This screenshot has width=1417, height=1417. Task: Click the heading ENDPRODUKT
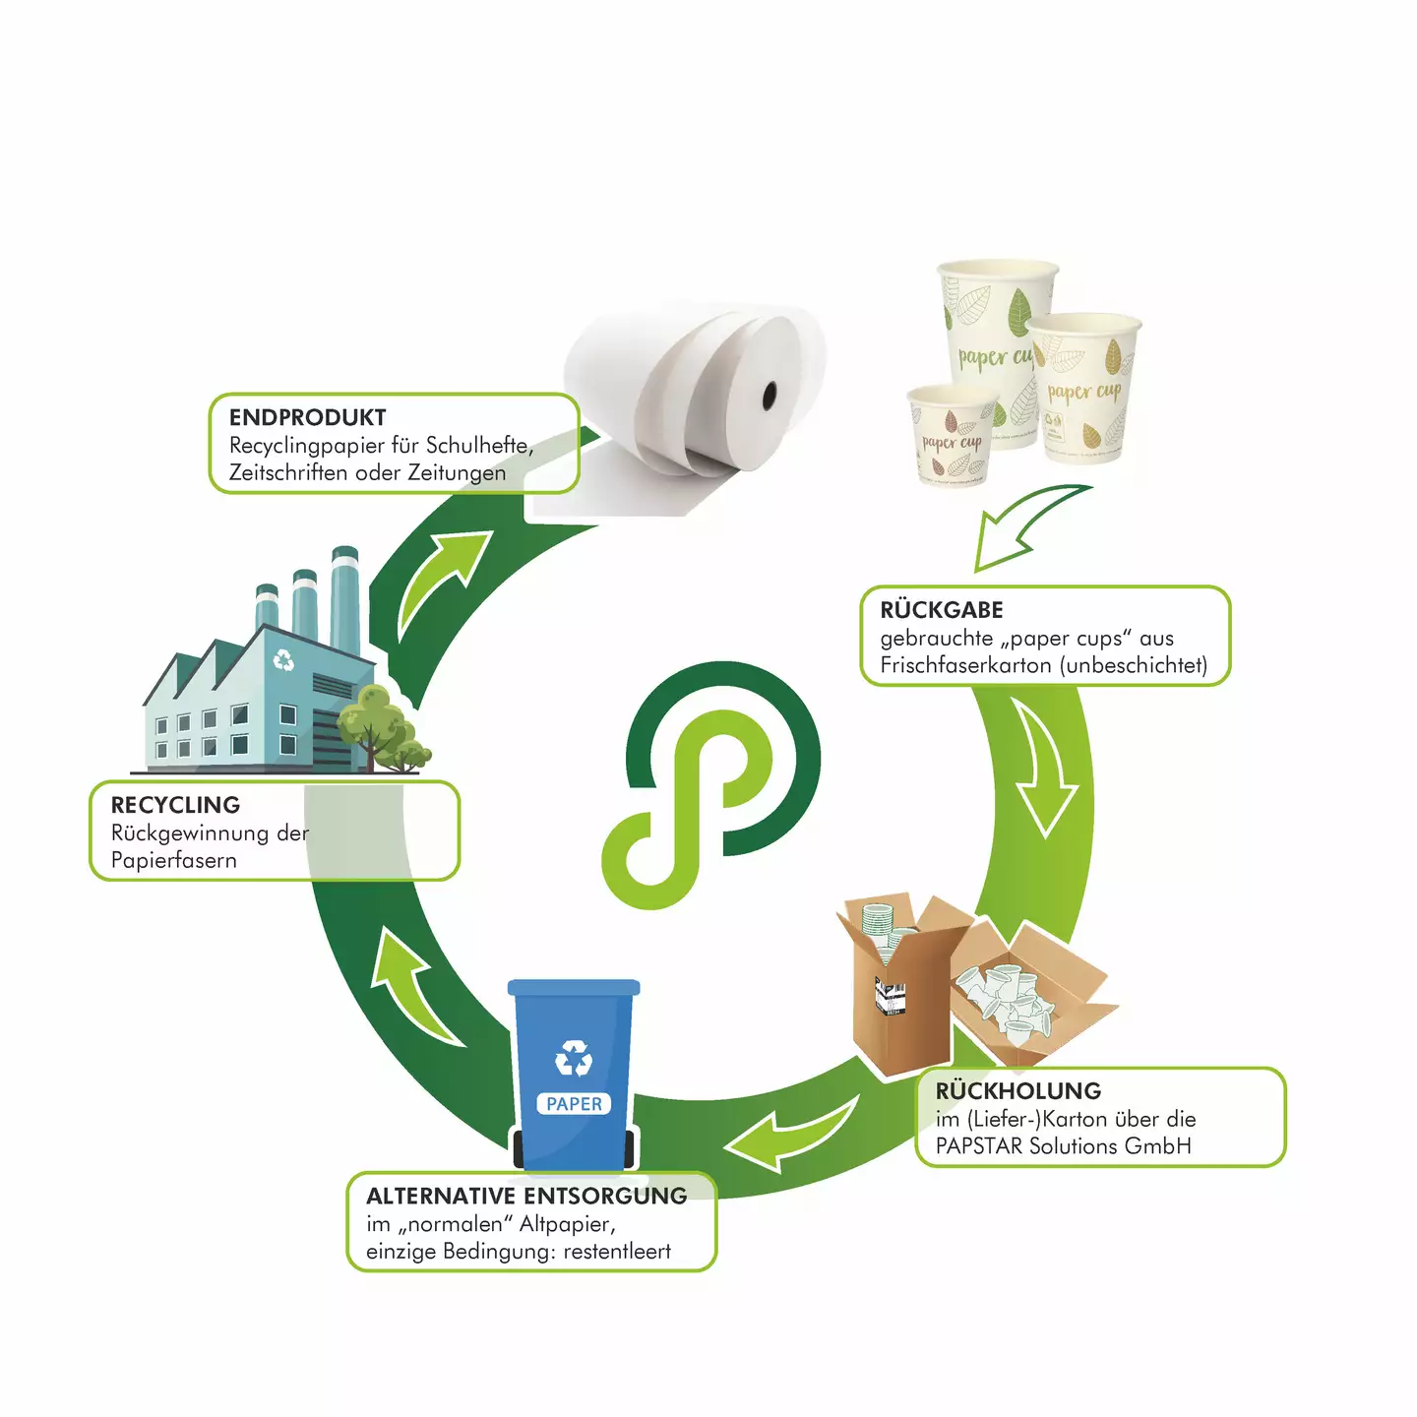[307, 417]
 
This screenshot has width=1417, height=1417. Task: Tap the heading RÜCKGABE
[942, 609]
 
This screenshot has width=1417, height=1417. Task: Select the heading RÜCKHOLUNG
[1018, 1090]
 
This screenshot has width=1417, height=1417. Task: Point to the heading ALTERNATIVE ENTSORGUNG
[526, 1196]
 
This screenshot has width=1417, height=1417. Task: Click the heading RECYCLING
[175, 805]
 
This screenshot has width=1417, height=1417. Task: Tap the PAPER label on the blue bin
[574, 1103]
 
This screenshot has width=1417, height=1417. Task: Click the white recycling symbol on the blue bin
[574, 1059]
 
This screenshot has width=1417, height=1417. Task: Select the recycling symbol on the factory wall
[283, 659]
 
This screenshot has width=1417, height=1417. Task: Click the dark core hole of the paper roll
[770, 397]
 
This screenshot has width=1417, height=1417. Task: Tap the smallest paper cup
[953, 434]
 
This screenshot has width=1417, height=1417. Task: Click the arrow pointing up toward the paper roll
[440, 581]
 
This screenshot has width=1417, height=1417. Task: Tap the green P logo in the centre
[711, 785]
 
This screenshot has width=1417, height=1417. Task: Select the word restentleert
[617, 1251]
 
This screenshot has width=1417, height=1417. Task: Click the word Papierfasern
[173, 860]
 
